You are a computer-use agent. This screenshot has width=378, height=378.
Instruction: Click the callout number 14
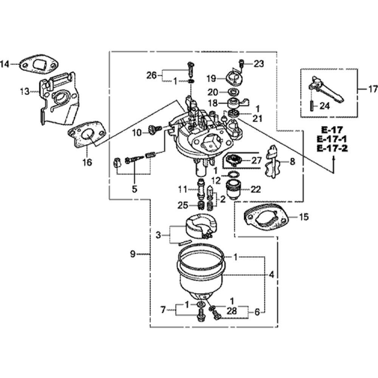point(6,64)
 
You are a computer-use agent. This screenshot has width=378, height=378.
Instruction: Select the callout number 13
point(25,91)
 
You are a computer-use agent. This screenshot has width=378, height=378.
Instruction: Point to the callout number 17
point(372,90)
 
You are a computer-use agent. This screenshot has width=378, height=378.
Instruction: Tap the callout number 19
point(211,79)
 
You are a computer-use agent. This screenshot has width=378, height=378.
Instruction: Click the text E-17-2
point(332,148)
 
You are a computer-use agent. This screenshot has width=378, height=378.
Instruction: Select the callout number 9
point(132,254)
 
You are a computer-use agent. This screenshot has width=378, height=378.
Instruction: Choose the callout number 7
point(163,310)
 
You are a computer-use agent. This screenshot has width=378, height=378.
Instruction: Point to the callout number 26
point(151,75)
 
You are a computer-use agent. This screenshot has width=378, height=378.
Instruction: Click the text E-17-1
point(332,139)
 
